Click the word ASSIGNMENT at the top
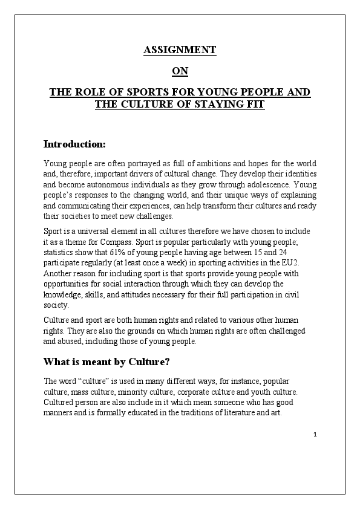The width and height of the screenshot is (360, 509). tap(180, 50)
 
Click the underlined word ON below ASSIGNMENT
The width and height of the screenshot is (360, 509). tap(180, 71)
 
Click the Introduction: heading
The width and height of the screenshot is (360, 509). tap(74, 144)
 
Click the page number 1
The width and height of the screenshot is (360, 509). tap(315, 434)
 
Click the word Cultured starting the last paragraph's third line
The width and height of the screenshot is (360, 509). tap(61, 403)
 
